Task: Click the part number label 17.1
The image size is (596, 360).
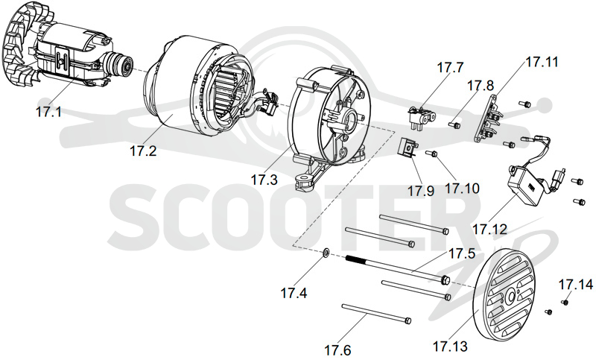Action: (48, 112)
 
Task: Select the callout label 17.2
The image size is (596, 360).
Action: (142, 151)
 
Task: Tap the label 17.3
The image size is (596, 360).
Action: (264, 180)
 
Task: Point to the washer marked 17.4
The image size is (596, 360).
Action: (326, 253)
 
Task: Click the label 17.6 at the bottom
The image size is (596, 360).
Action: (337, 350)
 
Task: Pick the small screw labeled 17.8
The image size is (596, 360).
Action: (454, 124)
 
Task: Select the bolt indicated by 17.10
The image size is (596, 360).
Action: (432, 154)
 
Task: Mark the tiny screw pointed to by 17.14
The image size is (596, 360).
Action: (565, 302)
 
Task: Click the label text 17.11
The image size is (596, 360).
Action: (542, 62)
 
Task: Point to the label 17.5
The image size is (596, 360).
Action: (462, 253)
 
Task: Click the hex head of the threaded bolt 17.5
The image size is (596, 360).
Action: (446, 280)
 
